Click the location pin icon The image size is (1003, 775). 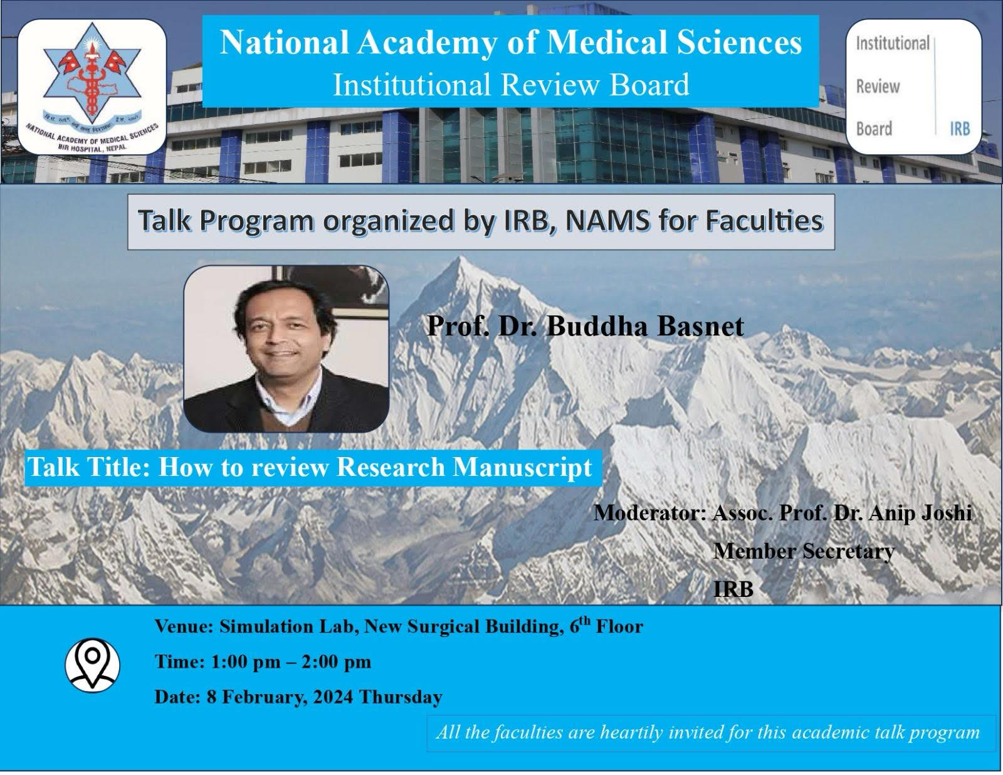click(x=92, y=665)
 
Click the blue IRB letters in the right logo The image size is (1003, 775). click(x=960, y=129)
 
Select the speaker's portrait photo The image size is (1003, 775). click(x=286, y=349)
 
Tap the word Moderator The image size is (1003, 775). click(x=649, y=513)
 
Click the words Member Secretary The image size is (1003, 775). click(x=804, y=551)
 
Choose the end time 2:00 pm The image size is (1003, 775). click(x=337, y=662)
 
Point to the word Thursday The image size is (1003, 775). click(x=401, y=697)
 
